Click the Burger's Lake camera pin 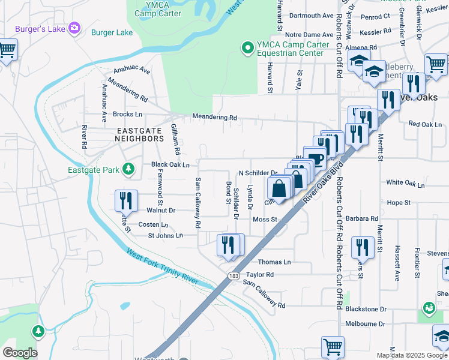[74, 28]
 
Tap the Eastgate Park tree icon [128, 170]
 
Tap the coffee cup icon [316, 160]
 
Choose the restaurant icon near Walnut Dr [127, 200]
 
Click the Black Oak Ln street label [170, 164]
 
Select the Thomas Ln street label [274, 262]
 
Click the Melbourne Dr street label [365, 323]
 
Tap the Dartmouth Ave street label [311, 16]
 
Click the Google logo [20, 352]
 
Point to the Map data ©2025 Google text [412, 355]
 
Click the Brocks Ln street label [127, 114]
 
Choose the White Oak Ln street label [406, 182]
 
